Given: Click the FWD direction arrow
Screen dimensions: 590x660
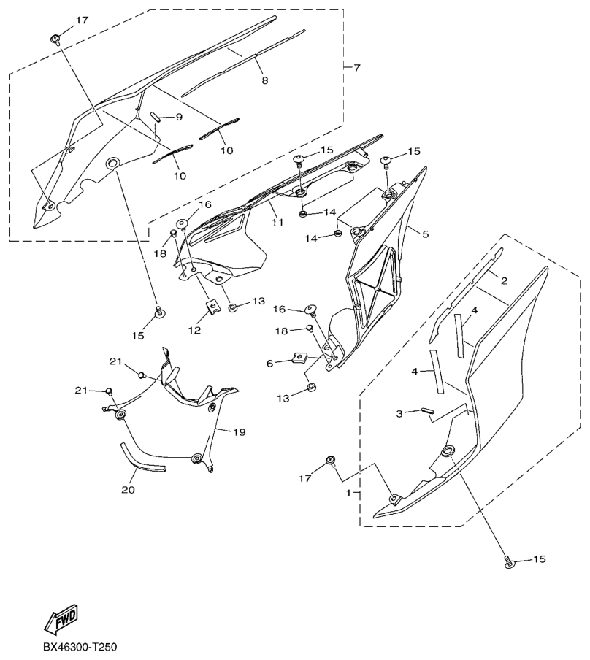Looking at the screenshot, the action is pos(61,618).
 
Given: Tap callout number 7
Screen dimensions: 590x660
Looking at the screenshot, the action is pos(356,67).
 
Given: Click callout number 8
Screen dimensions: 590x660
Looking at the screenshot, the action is pos(265,80).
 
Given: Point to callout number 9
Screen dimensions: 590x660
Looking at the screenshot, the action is pos(179,117).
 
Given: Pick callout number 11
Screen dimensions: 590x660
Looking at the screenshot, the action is pos(277,221).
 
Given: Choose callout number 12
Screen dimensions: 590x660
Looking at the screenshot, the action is pos(194,331).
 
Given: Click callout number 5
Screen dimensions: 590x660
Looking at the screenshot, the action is pos(425,234).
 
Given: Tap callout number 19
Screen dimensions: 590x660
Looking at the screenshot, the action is pos(240,432).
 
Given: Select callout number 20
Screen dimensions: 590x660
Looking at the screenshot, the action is pos(129,490).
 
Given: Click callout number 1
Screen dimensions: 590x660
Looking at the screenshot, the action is pos(348,492).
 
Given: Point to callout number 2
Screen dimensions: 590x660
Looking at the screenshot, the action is pos(504,281).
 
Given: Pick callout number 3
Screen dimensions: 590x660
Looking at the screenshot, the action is pos(399,413).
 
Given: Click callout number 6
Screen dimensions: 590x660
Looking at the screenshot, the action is pos(270,363).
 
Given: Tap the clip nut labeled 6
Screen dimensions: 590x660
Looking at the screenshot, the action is pos(299,358).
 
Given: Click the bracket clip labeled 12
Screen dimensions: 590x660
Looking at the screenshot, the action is pos(213,307).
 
